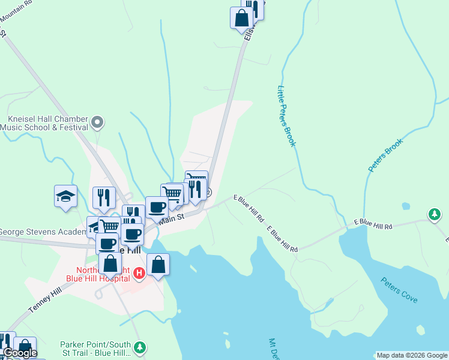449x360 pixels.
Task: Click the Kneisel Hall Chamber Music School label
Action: (44, 123)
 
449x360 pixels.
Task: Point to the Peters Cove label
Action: (399, 290)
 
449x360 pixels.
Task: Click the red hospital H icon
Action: (139, 274)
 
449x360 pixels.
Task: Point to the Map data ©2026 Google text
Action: (412, 355)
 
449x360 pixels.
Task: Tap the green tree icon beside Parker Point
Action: (139, 347)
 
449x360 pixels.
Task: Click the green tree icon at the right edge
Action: (435, 214)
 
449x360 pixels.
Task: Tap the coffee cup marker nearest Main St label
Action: (157, 208)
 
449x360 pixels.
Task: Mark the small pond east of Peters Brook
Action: (406, 206)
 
